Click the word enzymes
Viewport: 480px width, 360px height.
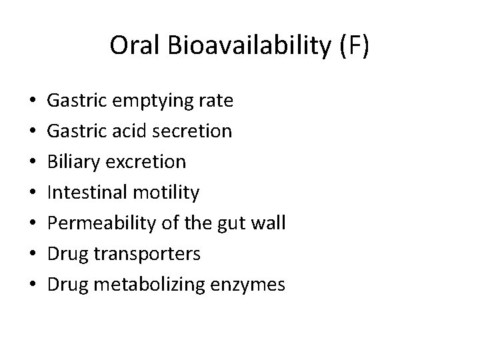248,285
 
